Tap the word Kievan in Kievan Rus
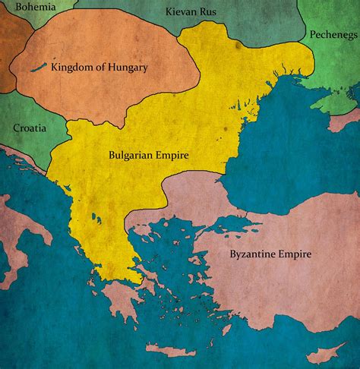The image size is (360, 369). [x=181, y=12]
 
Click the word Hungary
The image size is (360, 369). [x=127, y=68]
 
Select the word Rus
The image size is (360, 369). [x=210, y=12]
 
